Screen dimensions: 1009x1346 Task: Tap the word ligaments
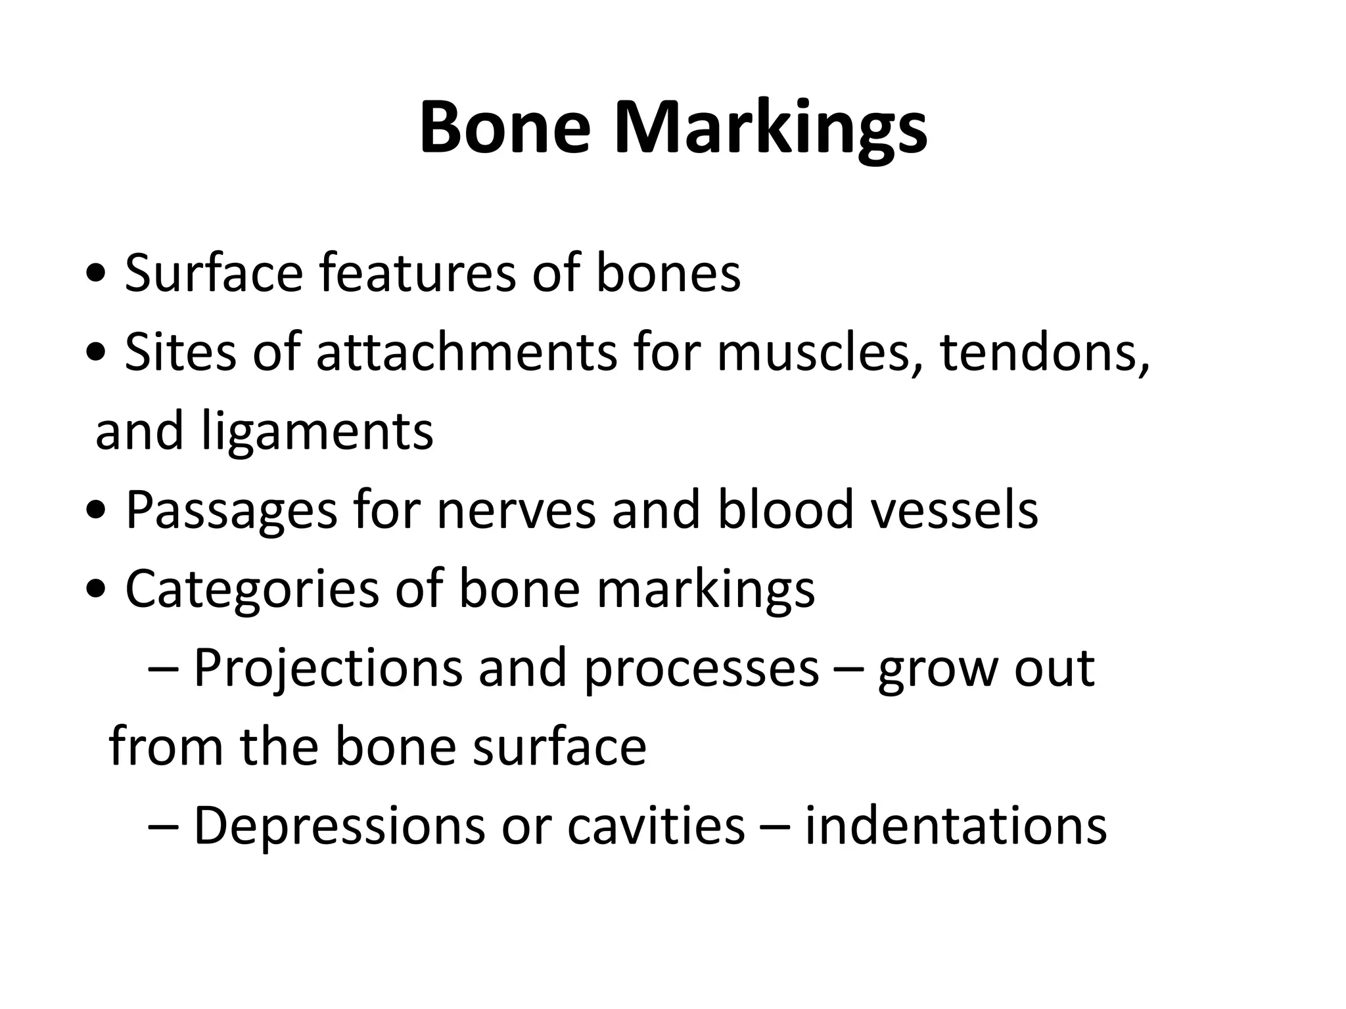(x=317, y=434)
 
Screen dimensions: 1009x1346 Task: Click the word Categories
(x=252, y=589)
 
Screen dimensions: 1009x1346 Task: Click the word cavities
(x=655, y=825)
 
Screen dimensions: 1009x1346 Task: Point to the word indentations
(x=956, y=825)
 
